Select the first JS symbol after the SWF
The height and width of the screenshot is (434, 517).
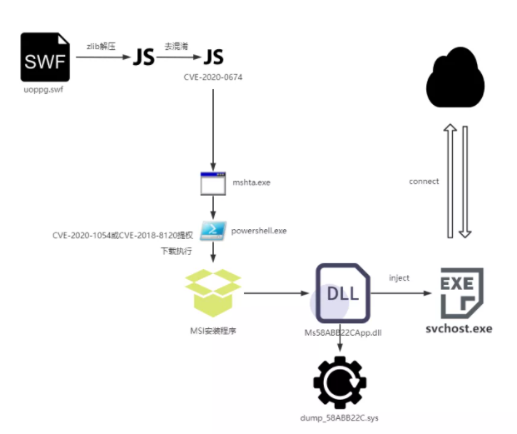click(144, 57)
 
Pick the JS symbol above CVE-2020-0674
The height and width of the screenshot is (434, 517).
click(214, 57)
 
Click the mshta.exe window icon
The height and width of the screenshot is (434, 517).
click(214, 182)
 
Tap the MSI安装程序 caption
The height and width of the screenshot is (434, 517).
click(214, 331)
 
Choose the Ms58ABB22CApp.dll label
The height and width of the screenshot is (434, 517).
click(343, 332)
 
